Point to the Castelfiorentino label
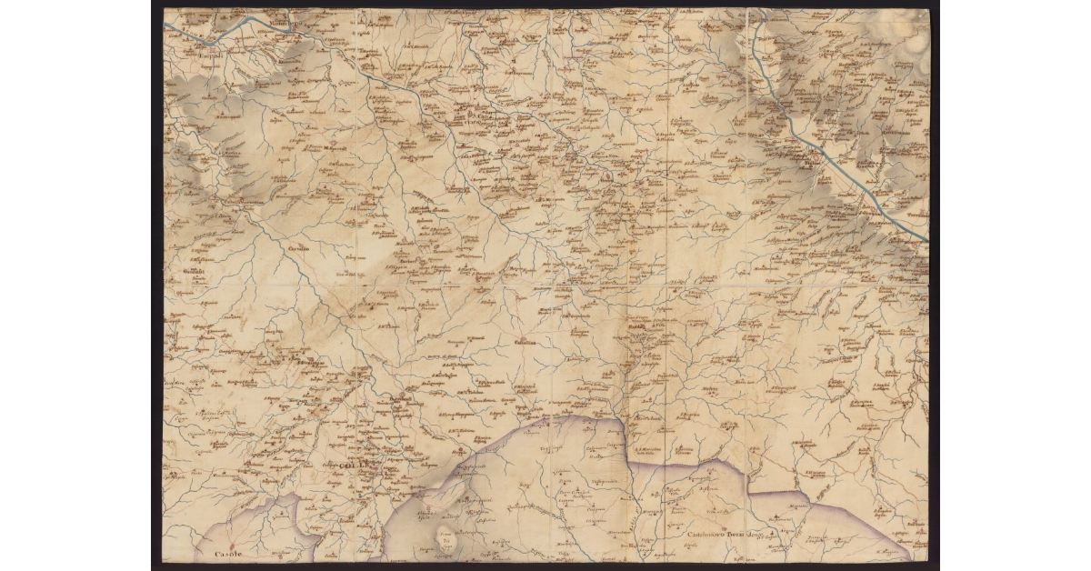point(244,200)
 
